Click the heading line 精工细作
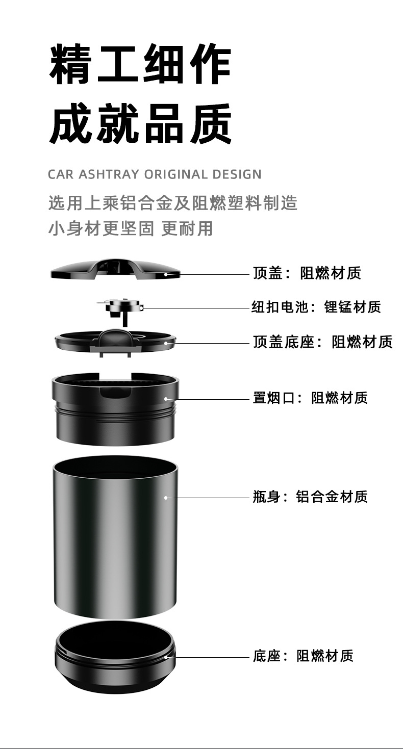point(140,65)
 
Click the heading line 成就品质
point(140,124)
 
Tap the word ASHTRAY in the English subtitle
point(109,174)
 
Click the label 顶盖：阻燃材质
point(307,273)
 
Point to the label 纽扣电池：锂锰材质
point(316,307)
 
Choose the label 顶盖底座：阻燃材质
point(323,342)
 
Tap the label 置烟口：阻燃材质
point(310,398)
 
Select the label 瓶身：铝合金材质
point(310,496)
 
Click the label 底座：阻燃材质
point(303,656)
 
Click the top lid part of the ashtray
point(115,269)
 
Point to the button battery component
point(120,307)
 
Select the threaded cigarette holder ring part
point(115,408)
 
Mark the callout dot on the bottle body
point(166,497)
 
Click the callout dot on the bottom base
point(166,657)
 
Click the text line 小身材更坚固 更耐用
point(131,228)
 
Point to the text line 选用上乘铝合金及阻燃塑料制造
point(173,203)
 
